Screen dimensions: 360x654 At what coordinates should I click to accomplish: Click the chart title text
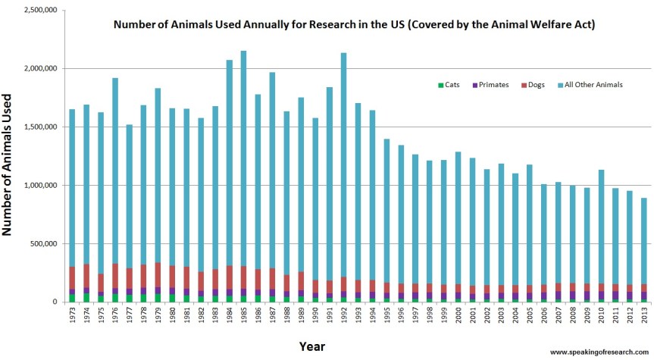point(355,25)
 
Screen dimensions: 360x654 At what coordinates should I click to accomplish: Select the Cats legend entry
point(449,85)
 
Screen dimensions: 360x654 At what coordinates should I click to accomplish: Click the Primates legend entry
point(490,85)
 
